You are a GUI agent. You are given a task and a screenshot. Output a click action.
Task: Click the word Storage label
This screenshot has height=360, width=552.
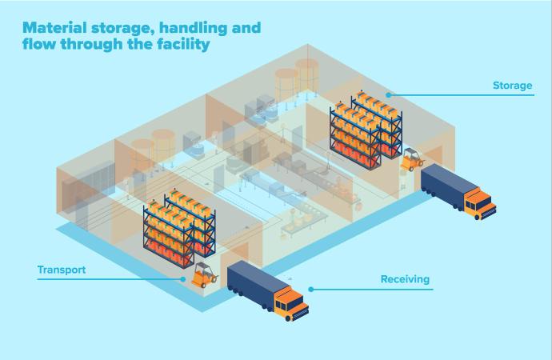pos(513,86)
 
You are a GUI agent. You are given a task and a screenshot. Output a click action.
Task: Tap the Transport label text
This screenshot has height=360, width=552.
pos(61,270)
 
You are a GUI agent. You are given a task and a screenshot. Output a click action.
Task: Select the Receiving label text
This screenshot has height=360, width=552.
pos(405,279)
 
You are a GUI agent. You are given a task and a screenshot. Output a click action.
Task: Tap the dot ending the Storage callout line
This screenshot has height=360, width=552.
pos(388,94)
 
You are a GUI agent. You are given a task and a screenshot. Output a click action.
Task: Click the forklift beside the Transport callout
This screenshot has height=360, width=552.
pos(204,274)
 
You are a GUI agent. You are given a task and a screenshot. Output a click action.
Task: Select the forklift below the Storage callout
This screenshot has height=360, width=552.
pos(412,158)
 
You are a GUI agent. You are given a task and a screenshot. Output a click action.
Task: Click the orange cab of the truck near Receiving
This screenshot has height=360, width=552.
pos(290,304)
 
